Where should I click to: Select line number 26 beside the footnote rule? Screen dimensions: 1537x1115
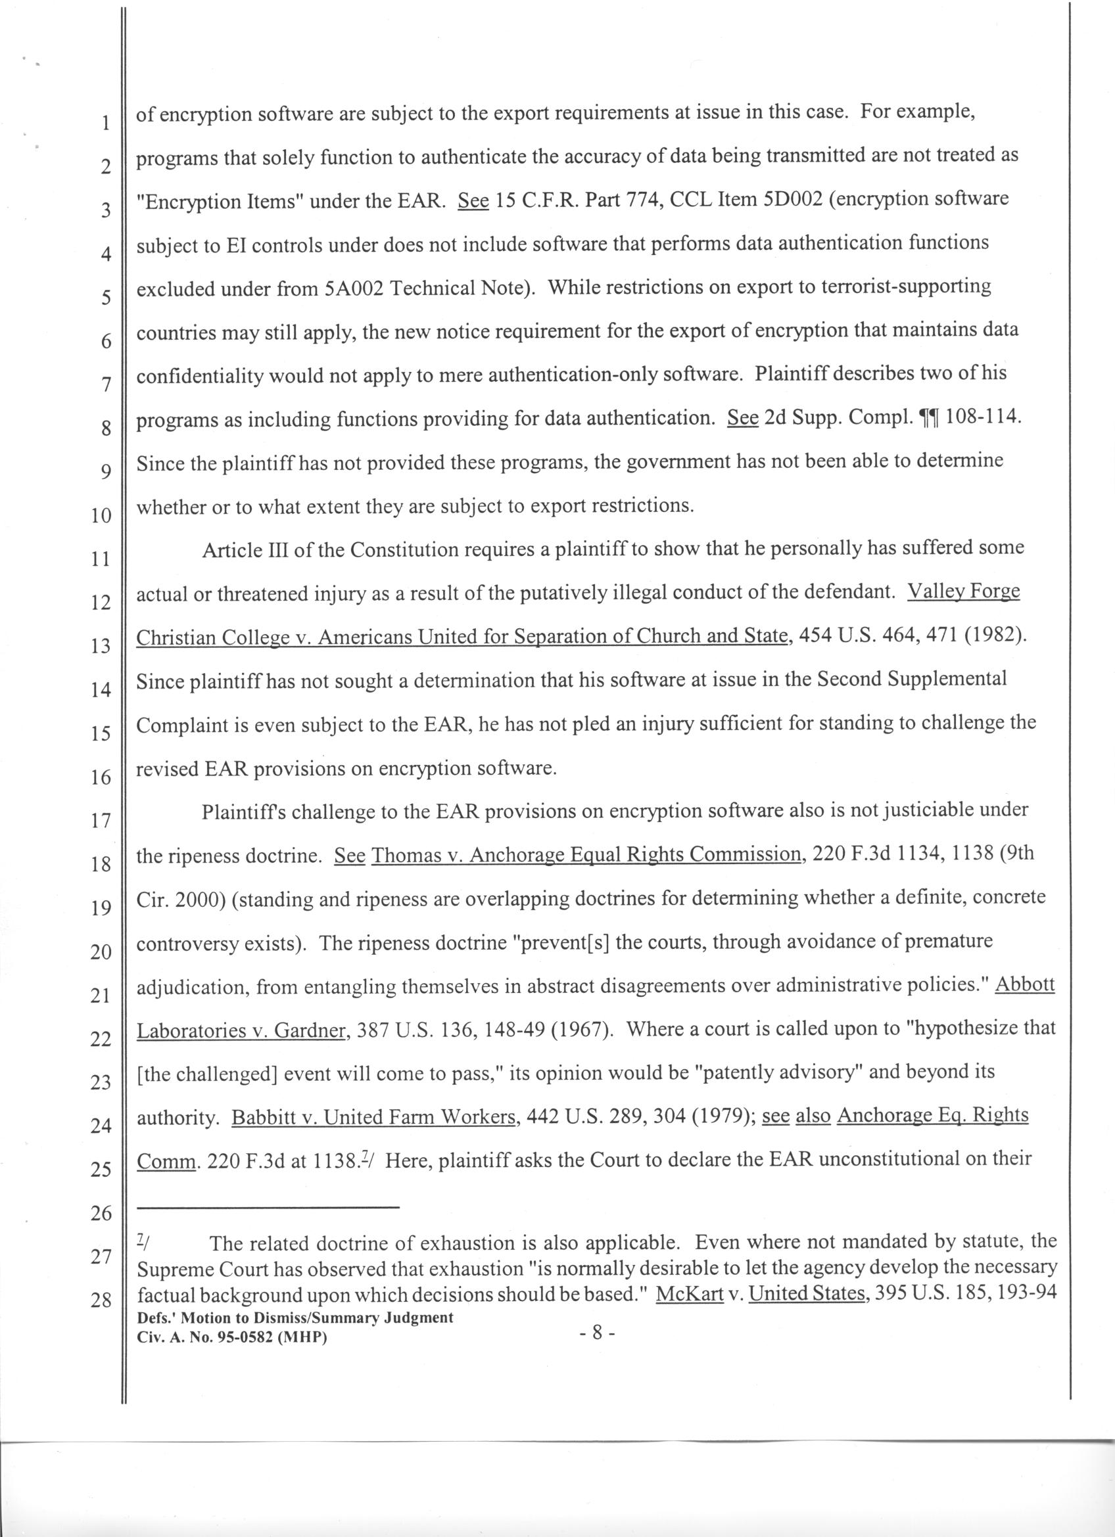pyautogui.click(x=101, y=1213)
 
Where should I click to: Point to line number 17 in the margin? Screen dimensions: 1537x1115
pyautogui.click(x=101, y=821)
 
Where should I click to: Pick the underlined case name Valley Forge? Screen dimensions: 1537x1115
pyautogui.click(x=963, y=591)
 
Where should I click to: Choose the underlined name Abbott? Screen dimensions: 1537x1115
pyautogui.click(x=1025, y=984)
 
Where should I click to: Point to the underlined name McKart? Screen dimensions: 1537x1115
pyautogui.click(x=691, y=1294)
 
